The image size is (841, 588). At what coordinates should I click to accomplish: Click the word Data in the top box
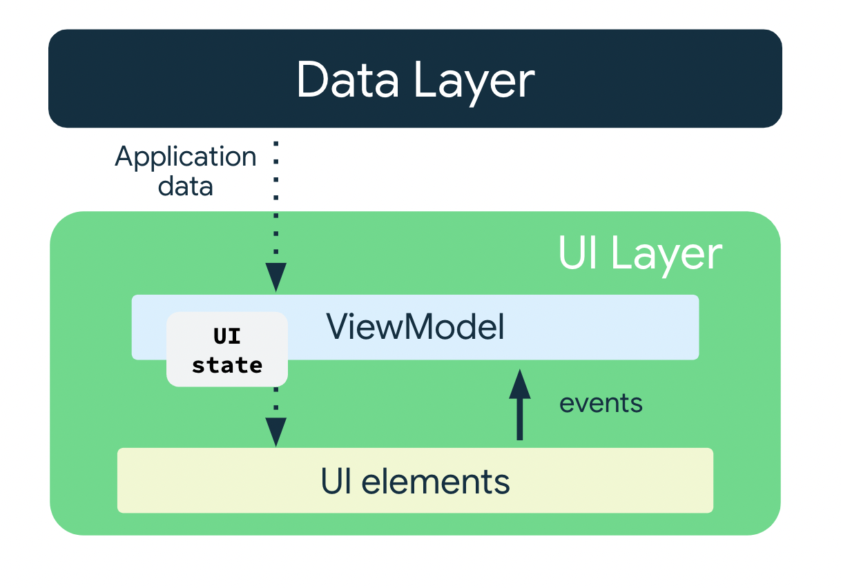(347, 80)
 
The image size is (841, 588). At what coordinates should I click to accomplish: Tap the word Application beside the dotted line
(186, 157)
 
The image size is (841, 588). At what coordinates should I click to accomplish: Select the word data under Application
(185, 186)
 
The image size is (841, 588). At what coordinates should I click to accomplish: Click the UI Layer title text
(639, 254)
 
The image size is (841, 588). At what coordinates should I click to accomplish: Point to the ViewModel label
(415, 327)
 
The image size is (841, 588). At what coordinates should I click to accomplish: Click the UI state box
(227, 349)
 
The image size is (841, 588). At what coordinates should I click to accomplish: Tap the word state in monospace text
(227, 364)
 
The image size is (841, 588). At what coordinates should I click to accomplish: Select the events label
(601, 403)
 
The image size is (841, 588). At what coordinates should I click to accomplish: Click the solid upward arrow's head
(520, 384)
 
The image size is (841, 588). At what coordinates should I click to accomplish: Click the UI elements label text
(415, 481)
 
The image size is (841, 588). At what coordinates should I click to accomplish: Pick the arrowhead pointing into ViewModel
(275, 277)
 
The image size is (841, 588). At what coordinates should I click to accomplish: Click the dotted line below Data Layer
(275, 200)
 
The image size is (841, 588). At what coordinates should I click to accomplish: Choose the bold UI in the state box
(227, 337)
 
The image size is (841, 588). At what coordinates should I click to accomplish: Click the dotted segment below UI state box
(275, 401)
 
